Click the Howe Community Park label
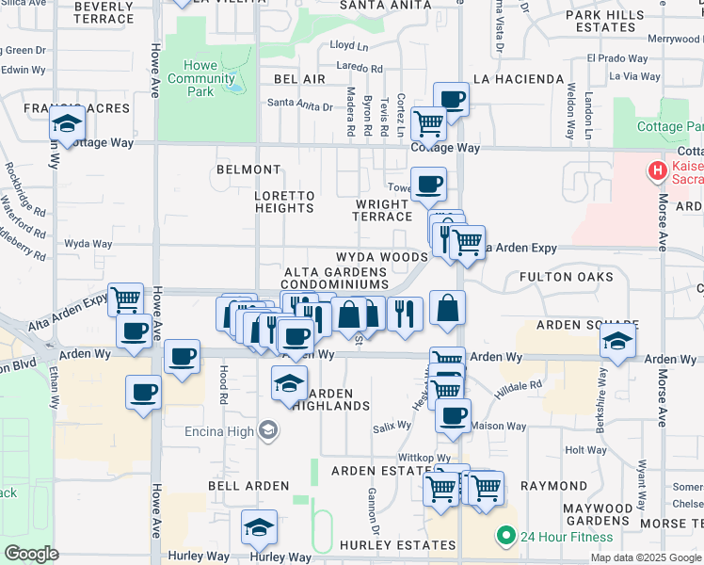pos(201,78)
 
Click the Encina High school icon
pos(268,430)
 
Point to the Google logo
pos(31,554)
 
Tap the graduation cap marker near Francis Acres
pos(67,123)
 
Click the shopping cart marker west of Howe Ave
pos(125,299)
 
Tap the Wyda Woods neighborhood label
pos(381,257)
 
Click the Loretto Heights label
pos(284,202)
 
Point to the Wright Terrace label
pos(383,210)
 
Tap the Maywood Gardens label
pos(596,514)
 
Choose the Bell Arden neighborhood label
pos(221,486)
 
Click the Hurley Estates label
pos(399,545)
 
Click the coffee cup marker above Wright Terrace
pos(428,185)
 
